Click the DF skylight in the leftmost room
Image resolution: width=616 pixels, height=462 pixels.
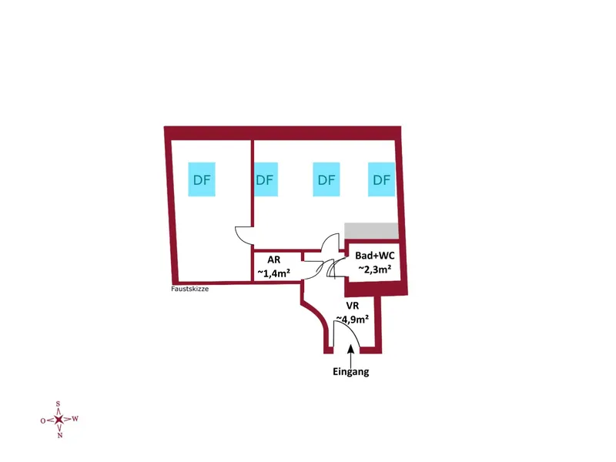202,179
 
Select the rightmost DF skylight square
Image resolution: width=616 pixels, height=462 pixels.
381,179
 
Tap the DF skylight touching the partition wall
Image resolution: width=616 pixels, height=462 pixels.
266,179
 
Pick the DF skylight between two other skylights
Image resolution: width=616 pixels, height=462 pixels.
326,179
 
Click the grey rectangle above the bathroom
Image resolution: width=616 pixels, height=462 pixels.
371,230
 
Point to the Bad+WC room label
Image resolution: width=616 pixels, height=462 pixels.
375,256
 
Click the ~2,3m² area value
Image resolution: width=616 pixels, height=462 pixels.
374,269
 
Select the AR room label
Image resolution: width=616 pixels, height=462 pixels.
274,259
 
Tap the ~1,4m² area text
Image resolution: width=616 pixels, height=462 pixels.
274,273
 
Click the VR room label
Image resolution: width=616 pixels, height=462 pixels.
353,305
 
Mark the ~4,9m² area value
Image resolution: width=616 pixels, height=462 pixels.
353,319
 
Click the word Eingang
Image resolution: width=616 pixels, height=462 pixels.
351,372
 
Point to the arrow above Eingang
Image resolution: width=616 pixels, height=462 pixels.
350,356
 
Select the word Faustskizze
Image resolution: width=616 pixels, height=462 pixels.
189,289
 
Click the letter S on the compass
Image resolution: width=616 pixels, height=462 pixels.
59,403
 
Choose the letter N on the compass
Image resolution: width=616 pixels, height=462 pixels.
60,435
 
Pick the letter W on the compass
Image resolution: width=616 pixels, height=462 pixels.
75,419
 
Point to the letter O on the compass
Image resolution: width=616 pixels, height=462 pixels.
43,420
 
